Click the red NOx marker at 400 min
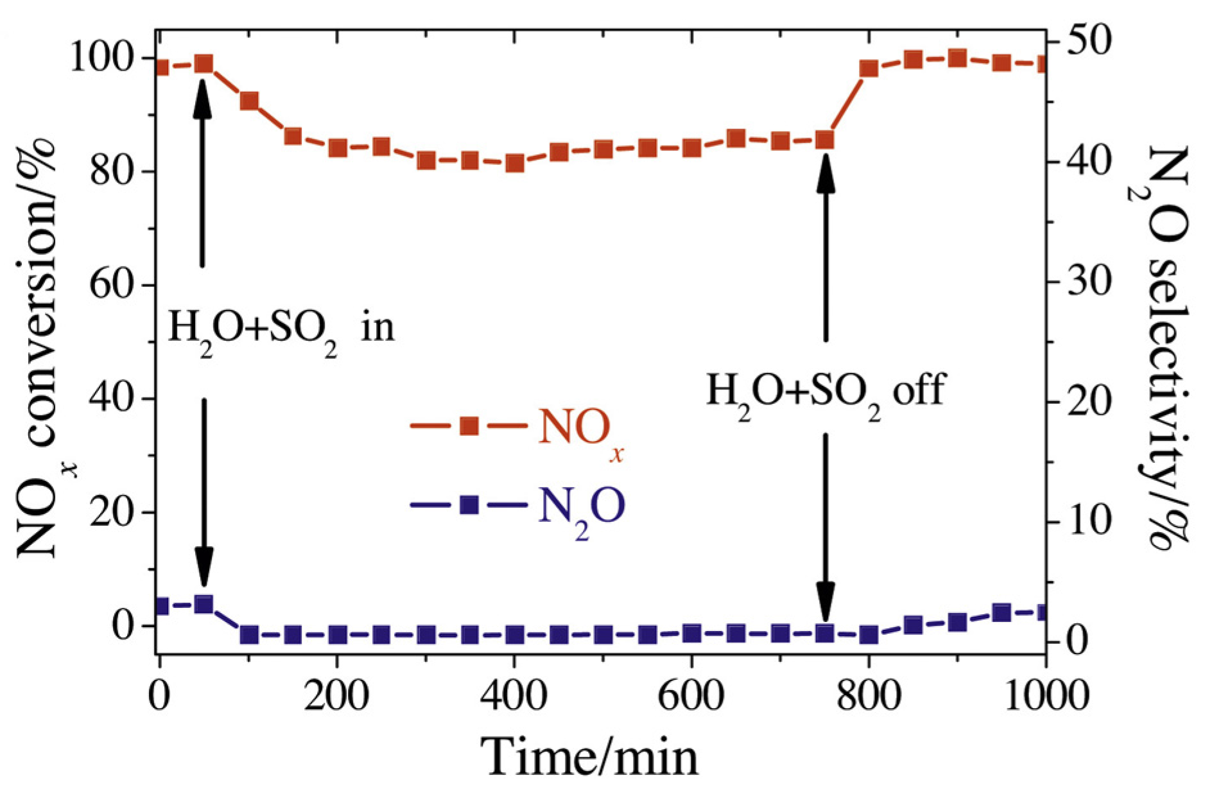coord(514,163)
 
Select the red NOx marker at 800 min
coord(869,69)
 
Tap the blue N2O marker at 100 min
coord(249,635)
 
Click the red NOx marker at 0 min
coord(160,67)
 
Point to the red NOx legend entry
coord(517,427)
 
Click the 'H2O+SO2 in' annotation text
coord(281,328)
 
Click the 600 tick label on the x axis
coord(691,696)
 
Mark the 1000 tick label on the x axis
coord(1045,696)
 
